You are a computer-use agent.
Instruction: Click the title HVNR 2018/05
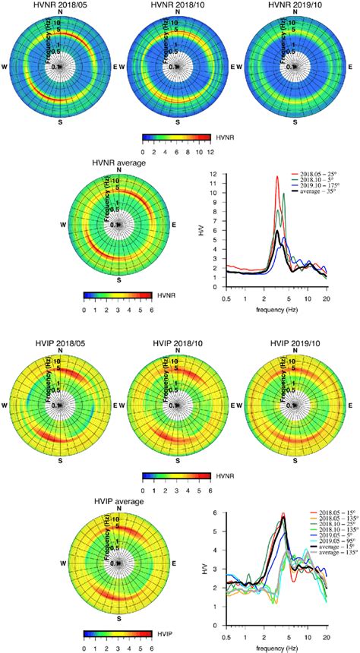click(x=60, y=5)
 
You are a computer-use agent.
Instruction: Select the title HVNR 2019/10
click(x=298, y=5)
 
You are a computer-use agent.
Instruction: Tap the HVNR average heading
click(x=118, y=163)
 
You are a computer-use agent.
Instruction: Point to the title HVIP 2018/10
click(x=178, y=345)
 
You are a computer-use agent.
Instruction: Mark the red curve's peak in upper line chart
click(x=276, y=177)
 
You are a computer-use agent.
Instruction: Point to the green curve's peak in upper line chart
click(x=283, y=194)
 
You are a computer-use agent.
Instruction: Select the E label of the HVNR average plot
click(x=174, y=226)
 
